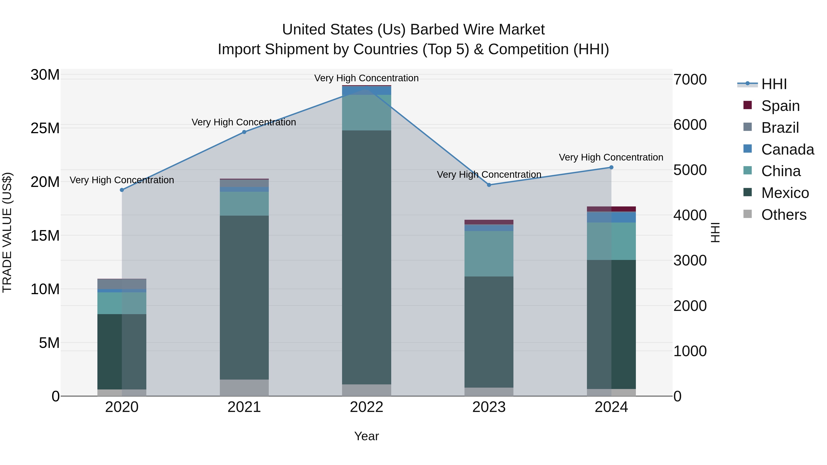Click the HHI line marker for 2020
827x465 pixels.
(x=122, y=190)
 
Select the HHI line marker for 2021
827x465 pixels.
(x=244, y=132)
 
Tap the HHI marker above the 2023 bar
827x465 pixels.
(x=489, y=185)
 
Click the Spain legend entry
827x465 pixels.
(x=780, y=106)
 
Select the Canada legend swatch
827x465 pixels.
(x=748, y=149)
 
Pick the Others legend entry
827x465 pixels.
(x=783, y=215)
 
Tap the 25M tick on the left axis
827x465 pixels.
(x=45, y=128)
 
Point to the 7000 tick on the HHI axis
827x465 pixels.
(x=690, y=80)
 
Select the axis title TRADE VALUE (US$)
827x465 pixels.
(x=7, y=232)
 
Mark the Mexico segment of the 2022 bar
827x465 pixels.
(x=366, y=257)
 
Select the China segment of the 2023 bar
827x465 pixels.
(x=489, y=254)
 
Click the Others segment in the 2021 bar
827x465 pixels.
(x=244, y=388)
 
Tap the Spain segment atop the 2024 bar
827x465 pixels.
(x=611, y=209)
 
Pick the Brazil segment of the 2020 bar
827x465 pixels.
(x=122, y=284)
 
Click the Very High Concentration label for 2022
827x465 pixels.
(x=366, y=78)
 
